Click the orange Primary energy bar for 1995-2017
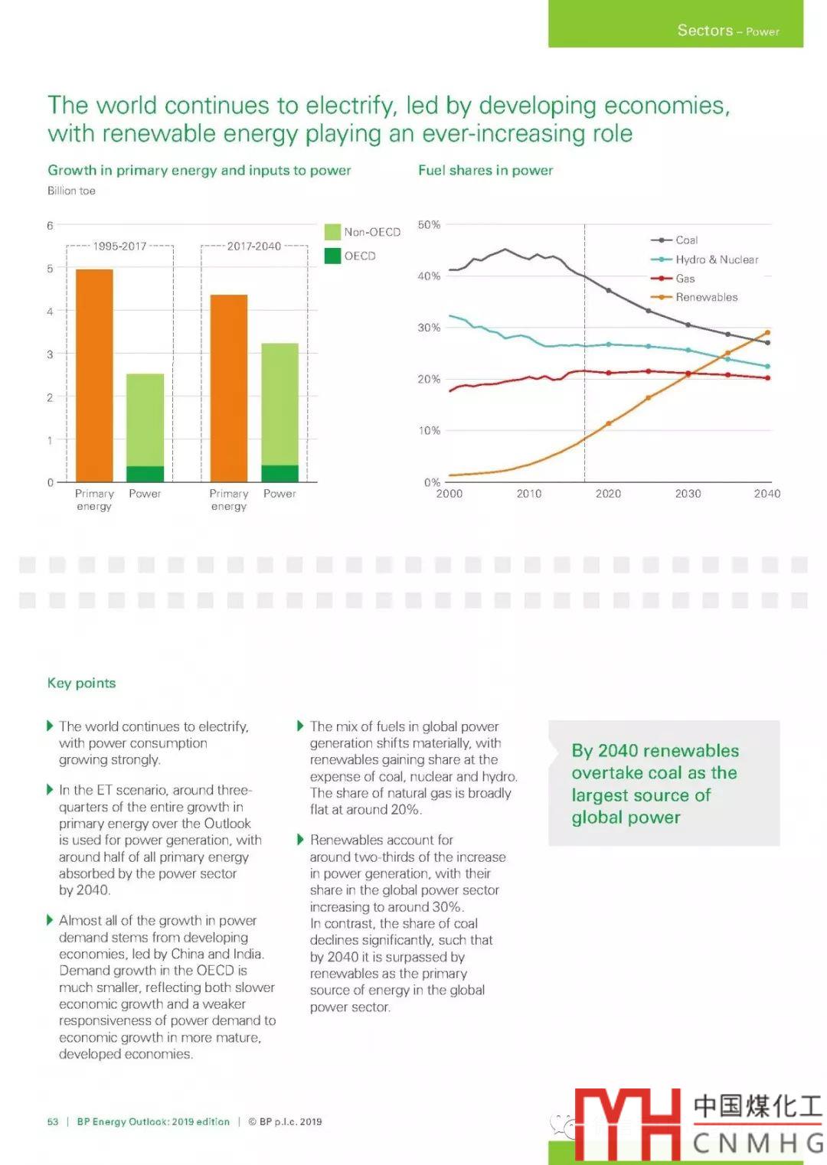coord(94,375)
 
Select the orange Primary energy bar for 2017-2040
coord(229,388)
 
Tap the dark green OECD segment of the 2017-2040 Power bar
coord(279,473)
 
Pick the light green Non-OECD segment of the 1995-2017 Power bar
coord(145,419)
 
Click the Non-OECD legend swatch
coord(332,232)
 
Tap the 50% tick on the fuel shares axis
coord(429,224)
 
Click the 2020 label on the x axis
coord(608,494)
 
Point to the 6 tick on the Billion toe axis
coord(50,226)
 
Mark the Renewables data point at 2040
coord(767,333)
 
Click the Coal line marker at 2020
coord(609,290)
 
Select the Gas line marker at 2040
coord(767,377)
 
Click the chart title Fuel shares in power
coord(485,170)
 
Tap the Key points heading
coord(81,683)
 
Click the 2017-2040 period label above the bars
coord(253,246)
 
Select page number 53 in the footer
coord(53,1121)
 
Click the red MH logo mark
coord(627,1123)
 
